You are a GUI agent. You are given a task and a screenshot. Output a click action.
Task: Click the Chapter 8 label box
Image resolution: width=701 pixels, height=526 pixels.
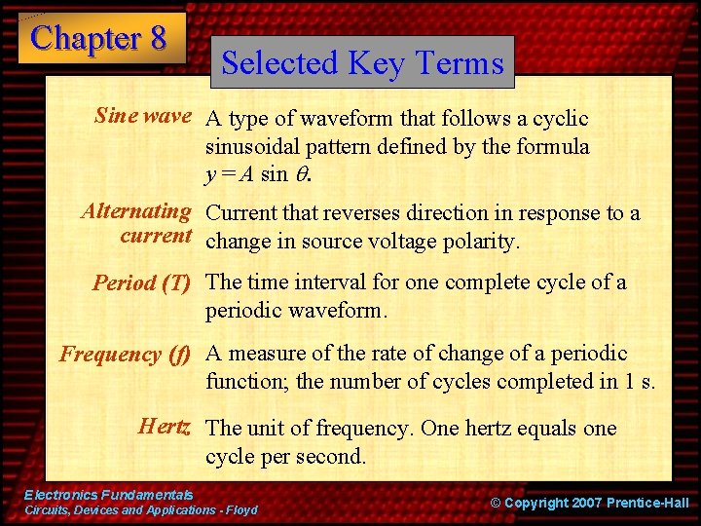[100, 38]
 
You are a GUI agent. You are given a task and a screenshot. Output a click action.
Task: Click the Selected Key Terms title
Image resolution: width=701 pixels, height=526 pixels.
[362, 62]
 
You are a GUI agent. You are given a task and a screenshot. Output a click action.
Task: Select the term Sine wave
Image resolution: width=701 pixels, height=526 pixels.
[142, 117]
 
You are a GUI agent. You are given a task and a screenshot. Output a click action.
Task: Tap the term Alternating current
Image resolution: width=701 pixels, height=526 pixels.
[136, 223]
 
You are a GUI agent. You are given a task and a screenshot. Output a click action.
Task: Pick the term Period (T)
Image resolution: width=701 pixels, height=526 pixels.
[141, 283]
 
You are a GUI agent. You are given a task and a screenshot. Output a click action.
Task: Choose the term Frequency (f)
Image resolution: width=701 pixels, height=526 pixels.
[126, 355]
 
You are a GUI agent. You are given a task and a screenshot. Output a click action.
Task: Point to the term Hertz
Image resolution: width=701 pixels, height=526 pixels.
[165, 427]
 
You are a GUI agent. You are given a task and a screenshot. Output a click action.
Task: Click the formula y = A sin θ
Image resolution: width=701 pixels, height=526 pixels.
[258, 175]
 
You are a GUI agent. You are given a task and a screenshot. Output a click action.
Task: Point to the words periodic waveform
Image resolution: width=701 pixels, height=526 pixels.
[296, 312]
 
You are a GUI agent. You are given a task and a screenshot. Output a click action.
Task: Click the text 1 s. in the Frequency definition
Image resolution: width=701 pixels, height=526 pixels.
[636, 382]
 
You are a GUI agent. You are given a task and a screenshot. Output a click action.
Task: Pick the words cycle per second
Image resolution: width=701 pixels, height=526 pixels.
[285, 456]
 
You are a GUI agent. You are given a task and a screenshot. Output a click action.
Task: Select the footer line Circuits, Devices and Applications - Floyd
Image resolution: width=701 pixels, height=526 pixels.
[140, 510]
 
